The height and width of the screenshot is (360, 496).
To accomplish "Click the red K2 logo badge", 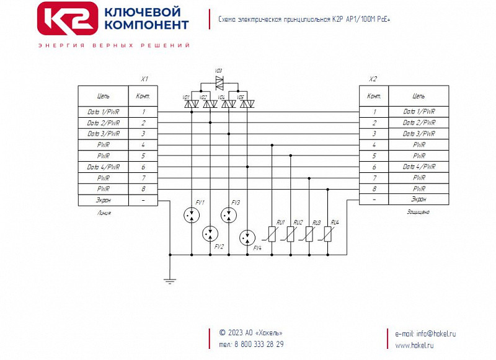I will pos(67,18).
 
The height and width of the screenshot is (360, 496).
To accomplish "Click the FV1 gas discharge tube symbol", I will pos(192,215).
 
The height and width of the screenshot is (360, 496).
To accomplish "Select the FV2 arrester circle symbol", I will pos(210,233).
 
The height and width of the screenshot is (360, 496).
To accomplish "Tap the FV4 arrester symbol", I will pos(247,237).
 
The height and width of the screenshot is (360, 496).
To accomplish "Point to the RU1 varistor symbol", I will pos(272,234).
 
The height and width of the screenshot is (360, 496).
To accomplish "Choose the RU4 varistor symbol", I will pos(327,234).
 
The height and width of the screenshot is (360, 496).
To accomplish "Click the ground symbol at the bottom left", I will pos(170,281).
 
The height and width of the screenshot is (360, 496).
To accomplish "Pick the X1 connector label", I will pos(144,79).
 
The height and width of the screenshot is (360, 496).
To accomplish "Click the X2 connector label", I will pos(373,79).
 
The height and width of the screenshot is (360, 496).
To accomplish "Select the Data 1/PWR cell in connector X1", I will pos(104,112).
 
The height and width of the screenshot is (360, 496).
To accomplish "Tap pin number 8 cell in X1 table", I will pos(144,188).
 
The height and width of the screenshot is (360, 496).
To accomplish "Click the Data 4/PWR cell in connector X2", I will pos(418,167).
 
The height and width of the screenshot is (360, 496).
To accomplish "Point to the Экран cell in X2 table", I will pos(418,200).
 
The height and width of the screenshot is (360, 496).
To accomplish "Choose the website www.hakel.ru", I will pos(414,345).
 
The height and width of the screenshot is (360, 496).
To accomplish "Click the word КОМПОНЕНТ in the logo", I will pos(148,25).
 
